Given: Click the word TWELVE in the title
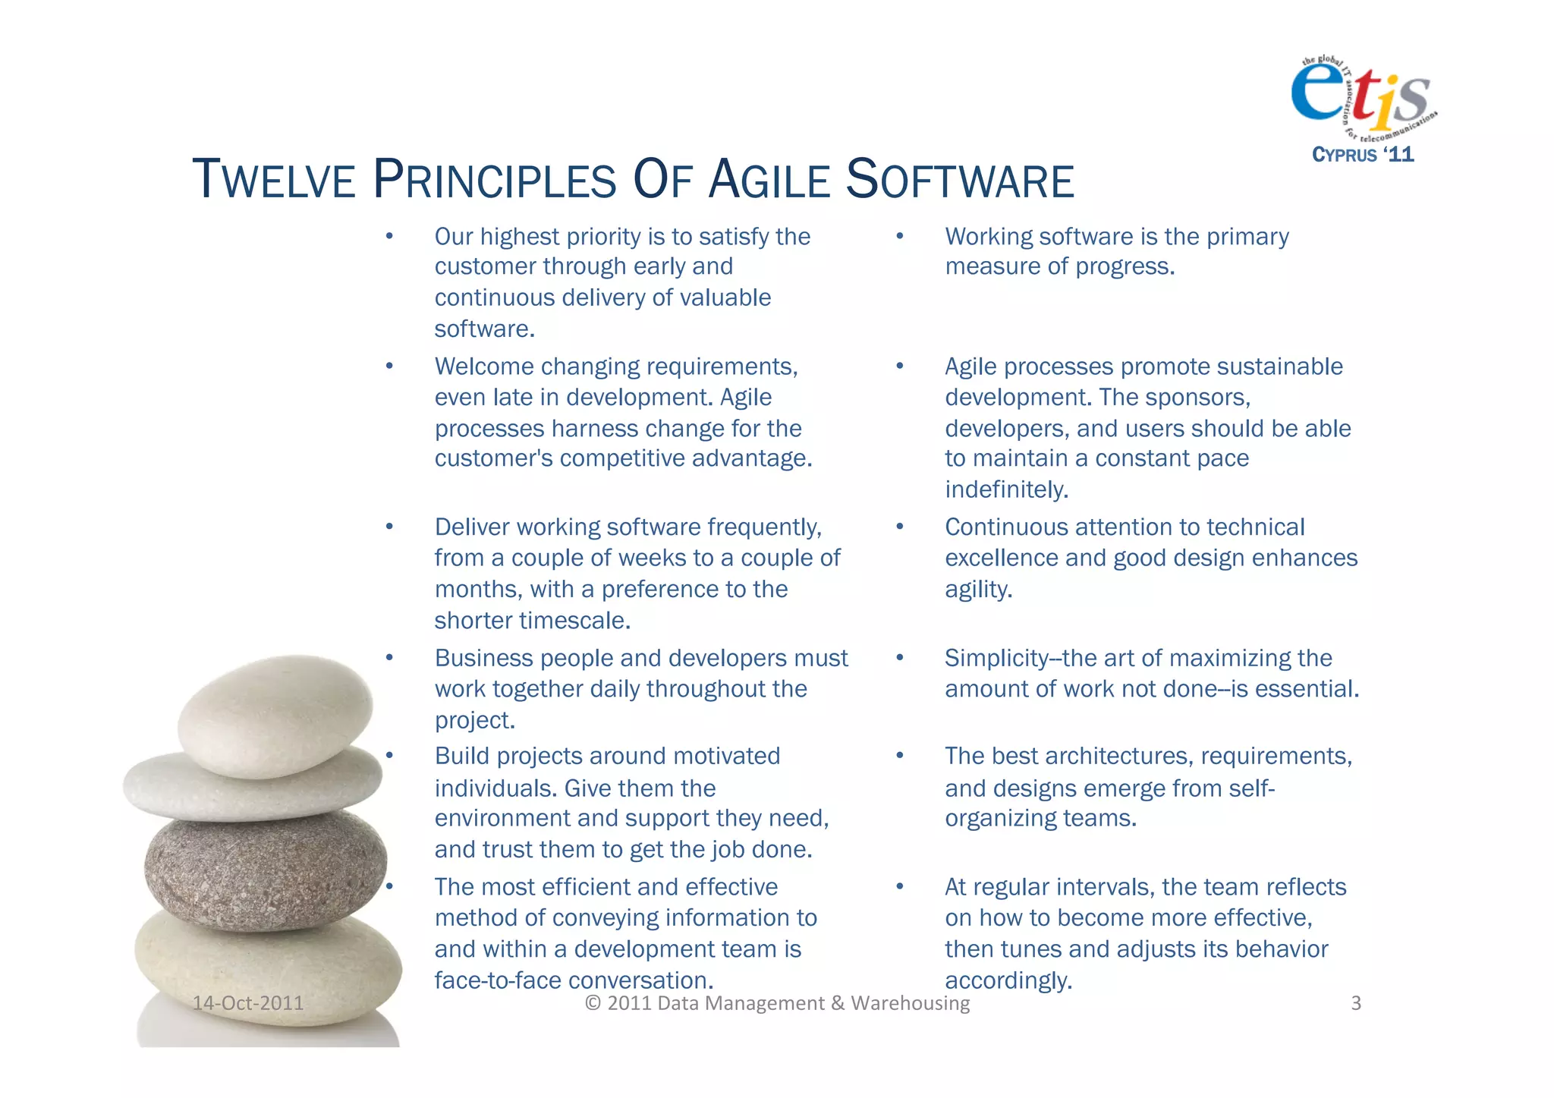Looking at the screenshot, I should pos(274,181).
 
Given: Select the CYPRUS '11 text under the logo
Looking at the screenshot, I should pos(1363,155).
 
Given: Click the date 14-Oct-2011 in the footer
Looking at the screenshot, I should pos(247,1003).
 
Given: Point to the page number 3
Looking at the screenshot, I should pos(1356,1003).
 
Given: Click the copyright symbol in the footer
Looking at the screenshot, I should pos(593,1003).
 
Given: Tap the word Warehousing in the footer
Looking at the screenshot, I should pos(910,1003).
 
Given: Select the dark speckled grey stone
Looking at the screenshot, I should pos(266,869).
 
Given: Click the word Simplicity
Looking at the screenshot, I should pos(996,658).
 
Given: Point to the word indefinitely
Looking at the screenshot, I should pos(1006,490).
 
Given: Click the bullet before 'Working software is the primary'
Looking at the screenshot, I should pos(900,237).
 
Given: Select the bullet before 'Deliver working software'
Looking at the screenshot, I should pos(389,527).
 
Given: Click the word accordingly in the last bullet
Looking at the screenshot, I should pos(1008,980).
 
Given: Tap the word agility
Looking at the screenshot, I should pos(977,590).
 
